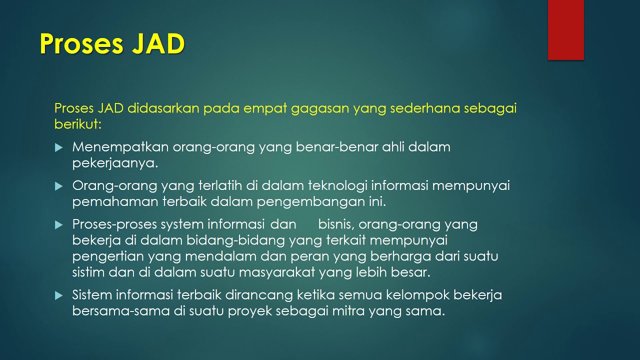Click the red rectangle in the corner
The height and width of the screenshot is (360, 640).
pos(565,30)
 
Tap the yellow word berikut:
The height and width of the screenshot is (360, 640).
pos(78,124)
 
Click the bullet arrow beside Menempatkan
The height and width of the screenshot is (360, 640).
pos(59,148)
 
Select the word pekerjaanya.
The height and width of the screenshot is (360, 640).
pos(115,163)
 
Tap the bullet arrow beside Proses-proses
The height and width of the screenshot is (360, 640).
pos(59,225)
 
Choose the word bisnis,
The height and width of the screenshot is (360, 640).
pos(336,224)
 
